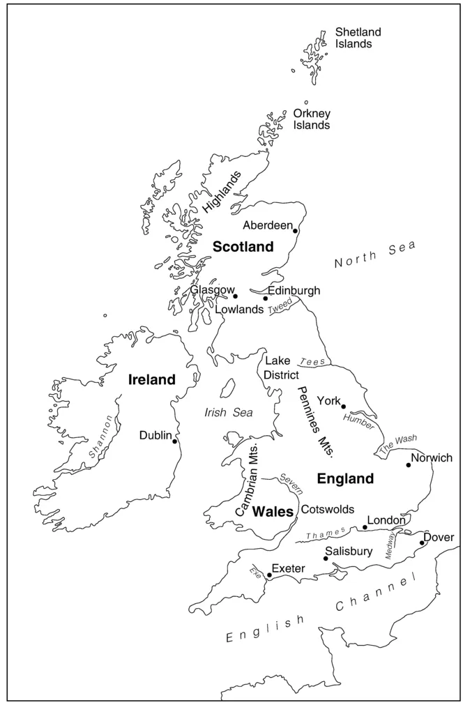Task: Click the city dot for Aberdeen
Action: [x=296, y=231]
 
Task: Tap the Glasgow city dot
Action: [x=235, y=296]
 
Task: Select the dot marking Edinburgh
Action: [x=265, y=298]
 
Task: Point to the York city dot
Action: [x=343, y=406]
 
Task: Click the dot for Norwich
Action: [x=409, y=465]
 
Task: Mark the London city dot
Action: [x=365, y=527]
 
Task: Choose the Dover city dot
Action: [x=422, y=543]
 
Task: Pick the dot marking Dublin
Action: [x=174, y=441]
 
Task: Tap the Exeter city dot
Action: [x=269, y=575]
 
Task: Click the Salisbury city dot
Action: [x=326, y=558]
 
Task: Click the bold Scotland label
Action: [x=243, y=247]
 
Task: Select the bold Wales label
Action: [x=273, y=512]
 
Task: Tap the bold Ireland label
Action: [x=151, y=380]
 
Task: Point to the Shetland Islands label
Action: [x=354, y=38]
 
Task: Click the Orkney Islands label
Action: [x=312, y=119]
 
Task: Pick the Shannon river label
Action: [x=101, y=437]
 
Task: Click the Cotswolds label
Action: [x=327, y=510]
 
